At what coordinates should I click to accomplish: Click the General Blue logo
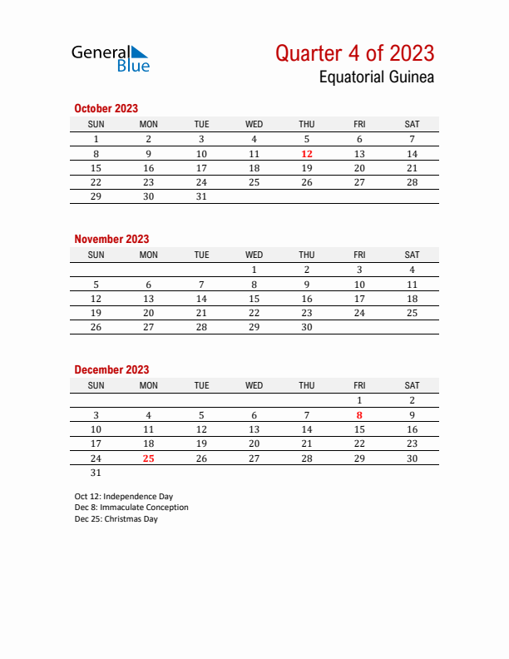click(110, 57)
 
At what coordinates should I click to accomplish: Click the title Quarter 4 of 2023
click(354, 53)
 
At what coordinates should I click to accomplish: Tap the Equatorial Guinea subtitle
click(376, 78)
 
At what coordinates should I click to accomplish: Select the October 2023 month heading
click(106, 108)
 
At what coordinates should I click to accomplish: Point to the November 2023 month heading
click(111, 239)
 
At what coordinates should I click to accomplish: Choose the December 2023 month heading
click(111, 369)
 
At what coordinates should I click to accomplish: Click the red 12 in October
click(307, 154)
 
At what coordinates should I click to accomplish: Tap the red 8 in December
click(359, 414)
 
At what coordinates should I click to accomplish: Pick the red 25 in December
click(148, 458)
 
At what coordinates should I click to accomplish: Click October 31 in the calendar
click(201, 197)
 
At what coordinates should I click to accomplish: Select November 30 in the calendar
click(307, 328)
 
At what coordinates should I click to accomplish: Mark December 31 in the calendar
click(96, 473)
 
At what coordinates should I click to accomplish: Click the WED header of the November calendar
click(254, 255)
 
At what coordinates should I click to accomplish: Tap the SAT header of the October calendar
click(412, 124)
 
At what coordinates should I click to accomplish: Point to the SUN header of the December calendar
click(96, 385)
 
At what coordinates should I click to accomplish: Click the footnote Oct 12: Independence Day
click(123, 496)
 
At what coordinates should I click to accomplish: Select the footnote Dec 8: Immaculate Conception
click(131, 508)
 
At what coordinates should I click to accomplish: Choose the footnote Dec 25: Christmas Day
click(116, 519)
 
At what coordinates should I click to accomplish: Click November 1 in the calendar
click(254, 270)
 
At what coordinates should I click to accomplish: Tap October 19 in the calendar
click(307, 168)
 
